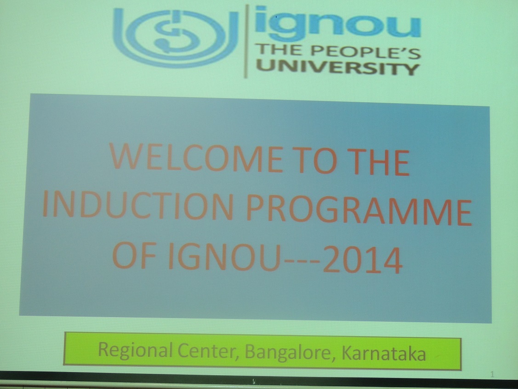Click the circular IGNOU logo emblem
click(175, 37)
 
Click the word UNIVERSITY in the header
click(338, 68)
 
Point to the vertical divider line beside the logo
click(246, 41)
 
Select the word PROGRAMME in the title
click(359, 210)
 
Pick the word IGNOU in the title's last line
click(225, 257)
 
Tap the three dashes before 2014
click(302, 260)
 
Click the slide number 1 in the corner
click(492, 374)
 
